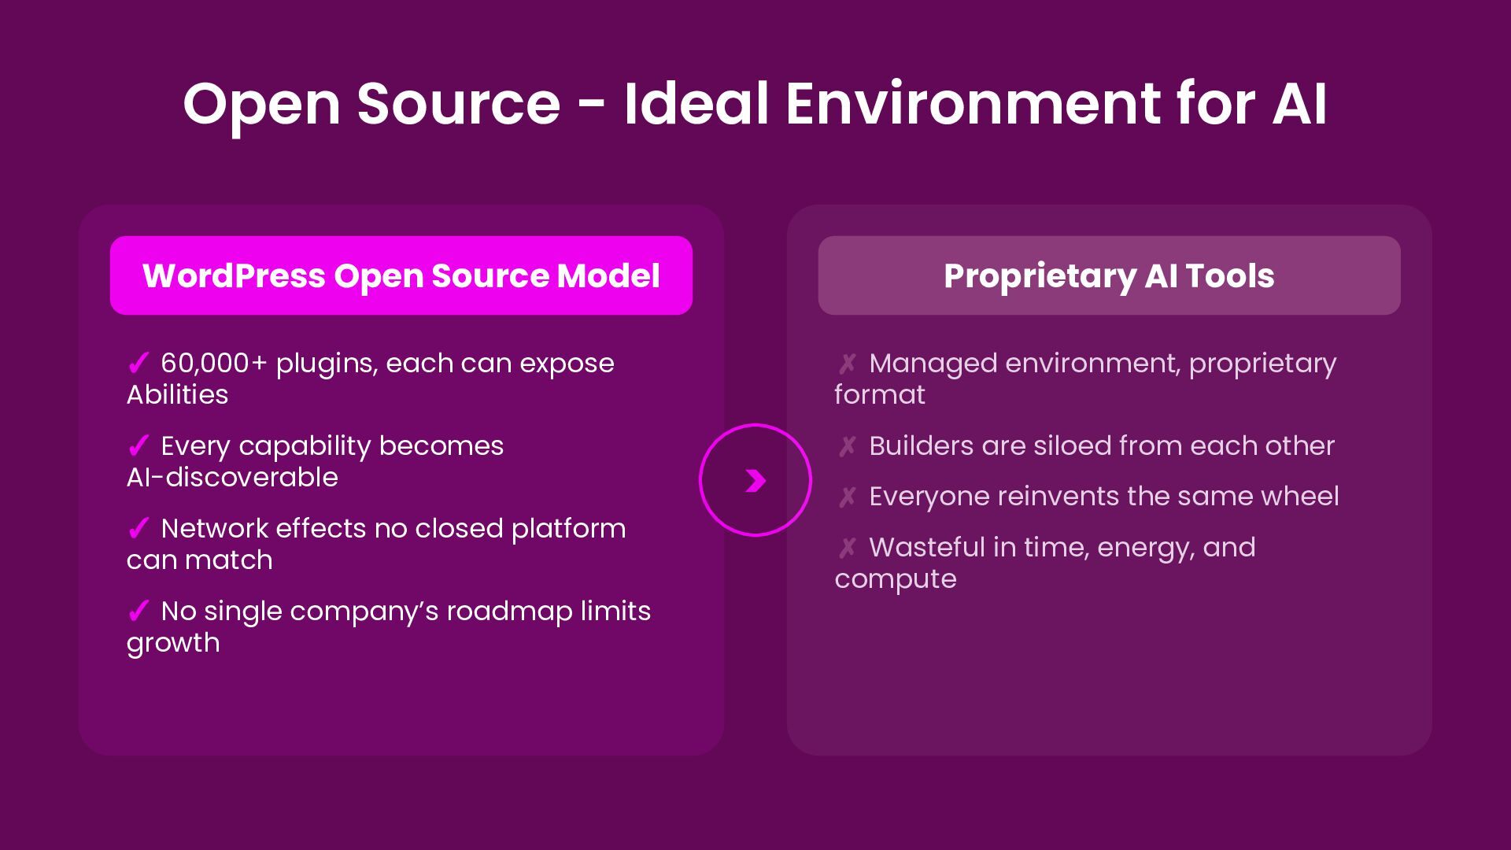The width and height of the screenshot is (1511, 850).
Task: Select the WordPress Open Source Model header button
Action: point(401,275)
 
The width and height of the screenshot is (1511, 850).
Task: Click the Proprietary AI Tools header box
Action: point(1109,275)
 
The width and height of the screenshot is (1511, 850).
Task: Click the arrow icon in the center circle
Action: point(755,480)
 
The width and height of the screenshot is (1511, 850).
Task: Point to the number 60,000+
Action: point(213,363)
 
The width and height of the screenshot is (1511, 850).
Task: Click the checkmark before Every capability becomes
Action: point(139,445)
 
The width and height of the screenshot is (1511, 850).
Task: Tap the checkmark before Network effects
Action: point(139,528)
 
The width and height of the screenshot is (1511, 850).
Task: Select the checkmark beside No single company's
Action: point(139,611)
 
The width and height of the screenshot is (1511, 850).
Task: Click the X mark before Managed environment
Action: point(847,363)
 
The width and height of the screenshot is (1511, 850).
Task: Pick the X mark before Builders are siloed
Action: point(847,445)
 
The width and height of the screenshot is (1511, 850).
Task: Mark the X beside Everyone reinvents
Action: point(847,497)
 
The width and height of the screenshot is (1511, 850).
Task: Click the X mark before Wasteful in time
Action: point(847,547)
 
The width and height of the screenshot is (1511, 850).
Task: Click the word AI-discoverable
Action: point(232,477)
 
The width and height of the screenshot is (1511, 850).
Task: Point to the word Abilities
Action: point(177,394)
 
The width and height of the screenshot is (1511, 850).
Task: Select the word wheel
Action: point(1299,497)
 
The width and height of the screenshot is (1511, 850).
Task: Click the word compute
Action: point(896,579)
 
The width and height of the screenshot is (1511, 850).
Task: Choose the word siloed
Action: point(1063,445)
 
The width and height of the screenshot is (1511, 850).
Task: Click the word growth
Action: point(173,643)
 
